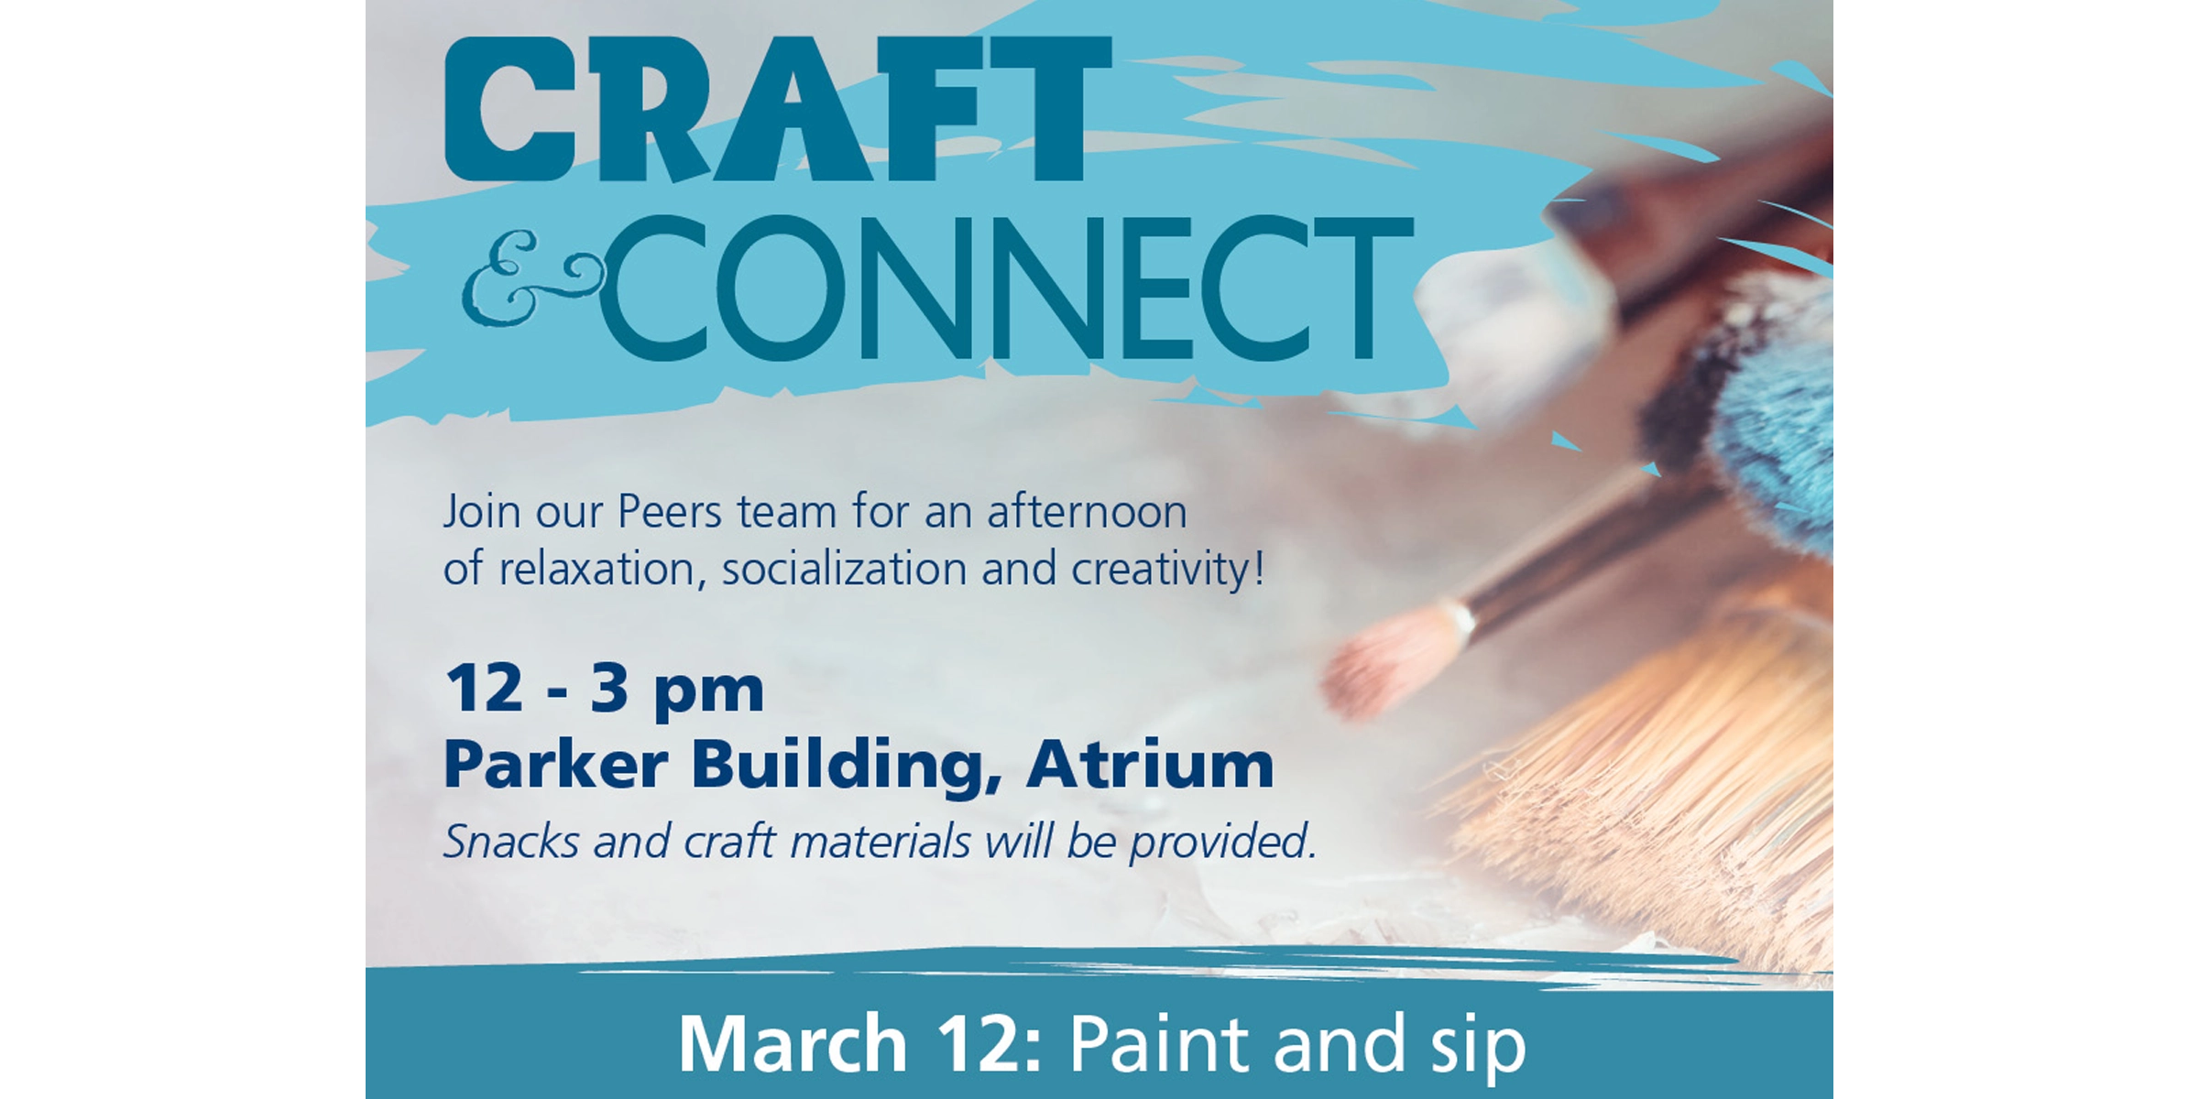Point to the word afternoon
point(1087,512)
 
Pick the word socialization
point(844,570)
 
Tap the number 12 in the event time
point(484,689)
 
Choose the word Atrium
point(1150,765)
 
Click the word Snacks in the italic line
point(511,841)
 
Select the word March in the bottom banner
point(793,1044)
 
